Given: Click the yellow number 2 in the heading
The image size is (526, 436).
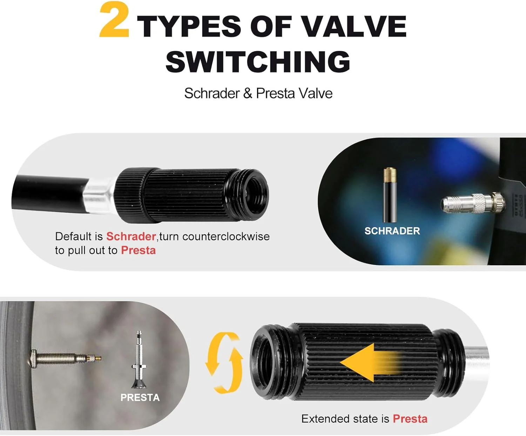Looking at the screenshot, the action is click(x=115, y=20).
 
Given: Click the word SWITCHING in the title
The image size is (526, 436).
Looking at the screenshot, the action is click(x=258, y=61).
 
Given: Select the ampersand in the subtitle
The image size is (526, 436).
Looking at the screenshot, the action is click(x=248, y=93).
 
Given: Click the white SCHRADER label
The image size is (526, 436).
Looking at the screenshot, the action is click(x=392, y=231).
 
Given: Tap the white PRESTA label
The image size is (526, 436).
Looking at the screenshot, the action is click(x=140, y=397).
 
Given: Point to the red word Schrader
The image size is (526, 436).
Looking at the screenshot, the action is click(x=131, y=236).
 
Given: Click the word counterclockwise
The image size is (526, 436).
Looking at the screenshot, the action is click(x=226, y=236).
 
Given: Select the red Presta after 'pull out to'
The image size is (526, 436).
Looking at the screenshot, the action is click(x=138, y=250).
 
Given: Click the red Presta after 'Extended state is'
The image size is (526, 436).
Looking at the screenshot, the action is click(x=410, y=419).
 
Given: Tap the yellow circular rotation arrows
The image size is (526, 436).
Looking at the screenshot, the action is click(x=224, y=363).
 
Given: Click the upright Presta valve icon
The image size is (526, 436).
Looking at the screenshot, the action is click(x=139, y=360).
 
